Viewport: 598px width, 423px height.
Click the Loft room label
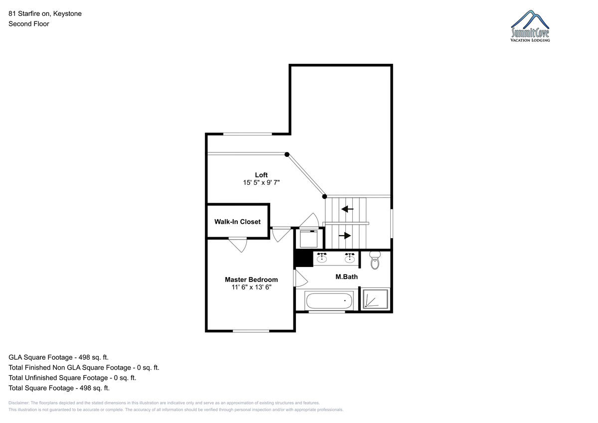(x=261, y=175)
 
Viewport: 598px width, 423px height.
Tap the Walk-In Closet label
(x=237, y=222)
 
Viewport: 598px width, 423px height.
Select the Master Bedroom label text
(x=251, y=280)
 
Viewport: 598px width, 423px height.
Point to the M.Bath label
(x=346, y=277)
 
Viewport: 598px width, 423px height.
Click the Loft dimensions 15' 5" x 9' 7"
(x=261, y=182)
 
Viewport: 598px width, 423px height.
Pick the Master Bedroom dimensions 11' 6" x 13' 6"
(x=251, y=287)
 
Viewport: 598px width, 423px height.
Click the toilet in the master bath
(x=375, y=260)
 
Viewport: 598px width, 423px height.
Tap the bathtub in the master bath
(x=329, y=300)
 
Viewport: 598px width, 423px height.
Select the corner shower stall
(x=375, y=298)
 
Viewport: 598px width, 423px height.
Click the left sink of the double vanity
(x=322, y=258)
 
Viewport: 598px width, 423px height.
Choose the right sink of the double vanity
(x=350, y=258)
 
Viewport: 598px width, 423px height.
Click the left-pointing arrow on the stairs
(x=347, y=209)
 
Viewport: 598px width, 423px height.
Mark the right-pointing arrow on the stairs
(x=345, y=236)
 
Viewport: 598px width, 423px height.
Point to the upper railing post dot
(x=287, y=154)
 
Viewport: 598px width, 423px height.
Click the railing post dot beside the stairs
(x=324, y=197)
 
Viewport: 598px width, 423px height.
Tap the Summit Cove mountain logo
(x=530, y=26)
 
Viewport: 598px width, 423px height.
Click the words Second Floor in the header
(x=29, y=24)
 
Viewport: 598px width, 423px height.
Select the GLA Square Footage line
(x=58, y=357)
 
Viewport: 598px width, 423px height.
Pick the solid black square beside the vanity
(x=303, y=259)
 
